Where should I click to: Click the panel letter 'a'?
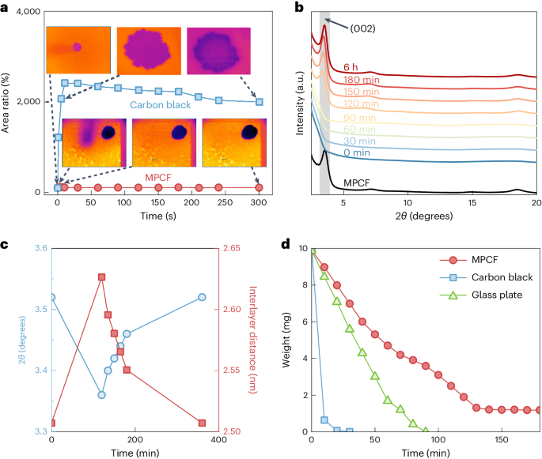(5, 8)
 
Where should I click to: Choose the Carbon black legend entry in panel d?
(490, 277)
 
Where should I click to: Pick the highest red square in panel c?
(101, 277)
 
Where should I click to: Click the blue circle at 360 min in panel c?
(203, 297)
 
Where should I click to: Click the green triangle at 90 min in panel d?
(426, 431)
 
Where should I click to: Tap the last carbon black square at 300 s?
(260, 101)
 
